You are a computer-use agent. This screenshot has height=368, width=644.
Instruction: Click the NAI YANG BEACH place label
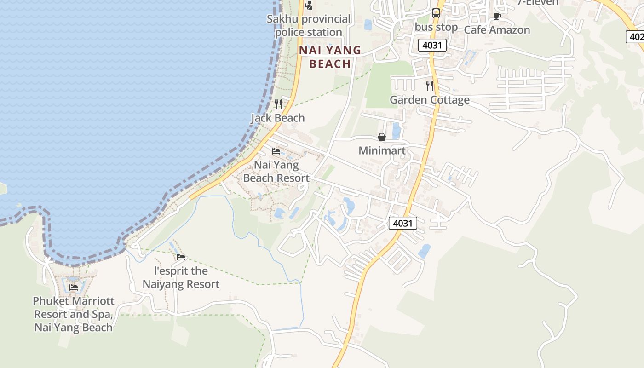click(x=330, y=57)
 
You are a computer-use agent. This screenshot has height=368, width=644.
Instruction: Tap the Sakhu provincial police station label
click(x=309, y=26)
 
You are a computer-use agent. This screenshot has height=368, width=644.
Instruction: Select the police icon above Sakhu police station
click(x=309, y=6)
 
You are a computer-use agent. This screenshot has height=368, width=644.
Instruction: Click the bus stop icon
click(x=436, y=13)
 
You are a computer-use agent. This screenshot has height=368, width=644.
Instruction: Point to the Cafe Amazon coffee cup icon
click(x=497, y=17)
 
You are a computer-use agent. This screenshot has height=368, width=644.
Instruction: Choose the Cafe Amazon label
click(x=497, y=30)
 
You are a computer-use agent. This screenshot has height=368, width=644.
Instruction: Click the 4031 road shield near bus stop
click(x=433, y=45)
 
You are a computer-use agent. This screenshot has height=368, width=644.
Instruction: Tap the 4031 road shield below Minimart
click(x=403, y=223)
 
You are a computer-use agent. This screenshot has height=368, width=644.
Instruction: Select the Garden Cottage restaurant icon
click(x=429, y=86)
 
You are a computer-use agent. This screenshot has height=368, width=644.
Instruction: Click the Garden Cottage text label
click(x=430, y=100)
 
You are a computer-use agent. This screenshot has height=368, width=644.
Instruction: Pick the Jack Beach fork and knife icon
click(x=278, y=104)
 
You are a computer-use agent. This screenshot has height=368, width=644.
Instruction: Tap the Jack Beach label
click(x=278, y=118)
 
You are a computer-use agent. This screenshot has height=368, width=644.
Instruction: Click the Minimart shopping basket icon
click(x=381, y=137)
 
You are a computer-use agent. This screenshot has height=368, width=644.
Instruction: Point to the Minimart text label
click(x=382, y=150)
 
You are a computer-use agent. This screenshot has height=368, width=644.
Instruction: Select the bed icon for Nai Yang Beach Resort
click(x=276, y=151)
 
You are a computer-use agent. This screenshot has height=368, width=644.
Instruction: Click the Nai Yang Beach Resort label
click(x=276, y=171)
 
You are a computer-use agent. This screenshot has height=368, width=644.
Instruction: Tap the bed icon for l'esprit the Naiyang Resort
click(x=181, y=257)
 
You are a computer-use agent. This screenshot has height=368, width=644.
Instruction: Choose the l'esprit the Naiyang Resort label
click(x=181, y=277)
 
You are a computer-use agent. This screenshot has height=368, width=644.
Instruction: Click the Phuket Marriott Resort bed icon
click(x=74, y=287)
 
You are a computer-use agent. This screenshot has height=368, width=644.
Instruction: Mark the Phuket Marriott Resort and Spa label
click(x=74, y=314)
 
